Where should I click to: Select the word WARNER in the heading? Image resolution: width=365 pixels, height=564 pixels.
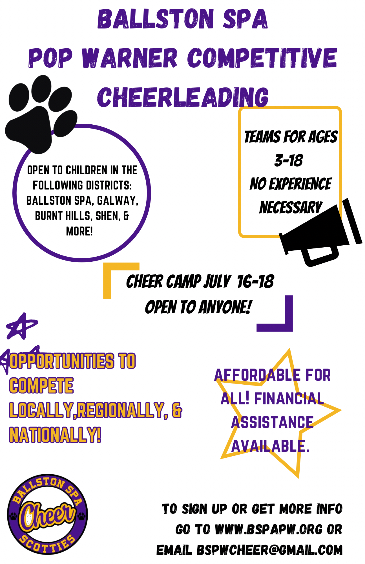pyautogui.click(x=130, y=58)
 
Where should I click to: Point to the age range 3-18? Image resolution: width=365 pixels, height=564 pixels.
pyautogui.click(x=289, y=160)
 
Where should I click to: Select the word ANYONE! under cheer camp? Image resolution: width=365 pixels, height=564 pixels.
pyautogui.click(x=225, y=307)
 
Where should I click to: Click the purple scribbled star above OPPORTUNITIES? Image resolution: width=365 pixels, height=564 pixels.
pyautogui.click(x=22, y=326)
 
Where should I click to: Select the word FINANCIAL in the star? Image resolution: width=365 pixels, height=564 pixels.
pyautogui.click(x=289, y=398)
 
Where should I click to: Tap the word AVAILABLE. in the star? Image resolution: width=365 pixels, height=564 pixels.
pyautogui.click(x=270, y=446)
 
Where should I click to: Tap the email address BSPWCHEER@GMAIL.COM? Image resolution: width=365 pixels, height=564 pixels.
pyautogui.click(x=269, y=550)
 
